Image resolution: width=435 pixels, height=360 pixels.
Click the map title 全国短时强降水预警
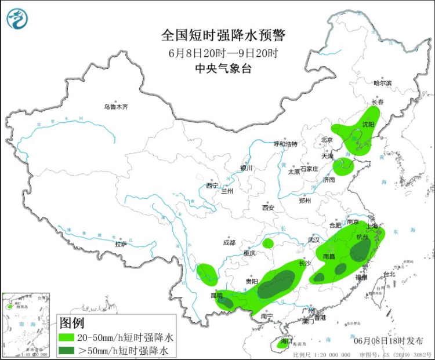click(x=223, y=35)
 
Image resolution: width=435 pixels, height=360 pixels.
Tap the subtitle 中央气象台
click(x=223, y=68)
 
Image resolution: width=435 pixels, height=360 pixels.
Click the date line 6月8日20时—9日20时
click(x=223, y=52)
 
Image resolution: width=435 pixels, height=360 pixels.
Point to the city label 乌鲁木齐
click(x=115, y=107)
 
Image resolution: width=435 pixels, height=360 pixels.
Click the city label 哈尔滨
click(x=382, y=83)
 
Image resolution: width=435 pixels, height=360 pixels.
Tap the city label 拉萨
click(x=121, y=244)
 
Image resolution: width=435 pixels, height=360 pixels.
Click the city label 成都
click(x=228, y=242)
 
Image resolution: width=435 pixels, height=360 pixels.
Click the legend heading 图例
click(x=72, y=323)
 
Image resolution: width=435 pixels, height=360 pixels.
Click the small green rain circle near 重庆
click(x=267, y=243)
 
